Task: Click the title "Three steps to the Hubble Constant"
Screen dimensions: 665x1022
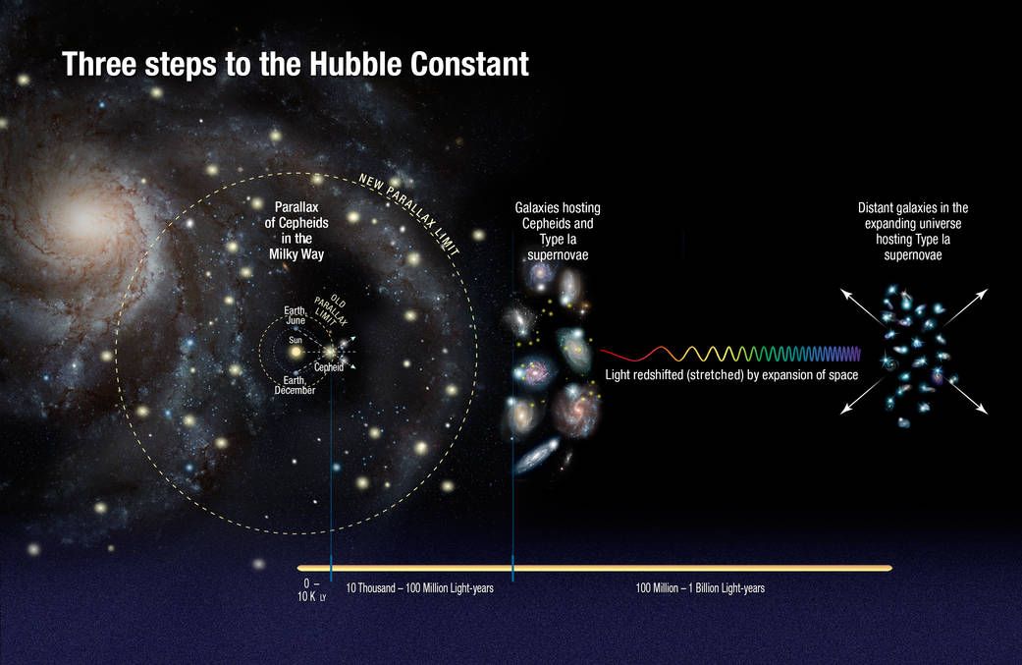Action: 296,65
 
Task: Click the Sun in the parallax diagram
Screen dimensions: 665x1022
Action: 295,351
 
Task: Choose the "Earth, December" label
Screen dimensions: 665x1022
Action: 295,385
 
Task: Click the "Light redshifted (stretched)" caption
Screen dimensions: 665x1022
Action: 732,375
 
